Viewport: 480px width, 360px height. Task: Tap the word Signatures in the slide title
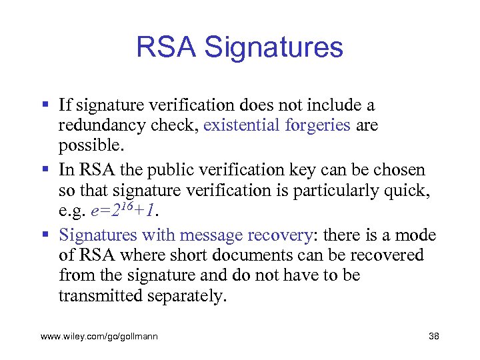[274, 47]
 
